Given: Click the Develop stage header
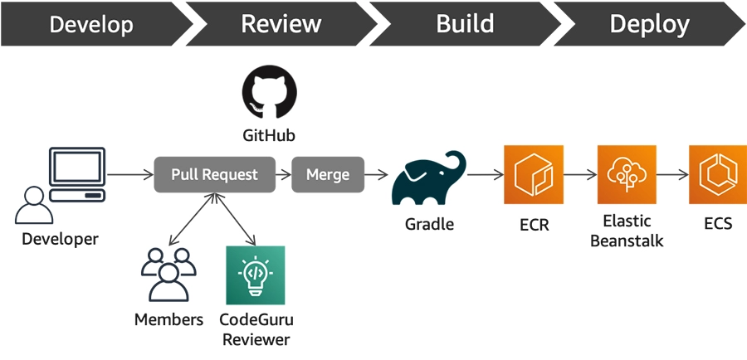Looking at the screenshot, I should tap(90, 24).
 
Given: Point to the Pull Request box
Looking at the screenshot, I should tap(214, 175).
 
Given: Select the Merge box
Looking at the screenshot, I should tap(328, 175).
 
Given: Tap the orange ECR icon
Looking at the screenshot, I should tap(533, 174).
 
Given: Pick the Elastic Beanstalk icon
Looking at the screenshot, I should tap(627, 174).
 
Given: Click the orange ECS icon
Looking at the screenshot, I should tap(717, 174).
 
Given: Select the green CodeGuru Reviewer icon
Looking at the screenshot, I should tap(255, 275).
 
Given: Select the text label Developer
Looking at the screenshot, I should tap(60, 239).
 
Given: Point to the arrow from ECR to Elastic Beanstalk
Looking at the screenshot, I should tap(579, 175).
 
